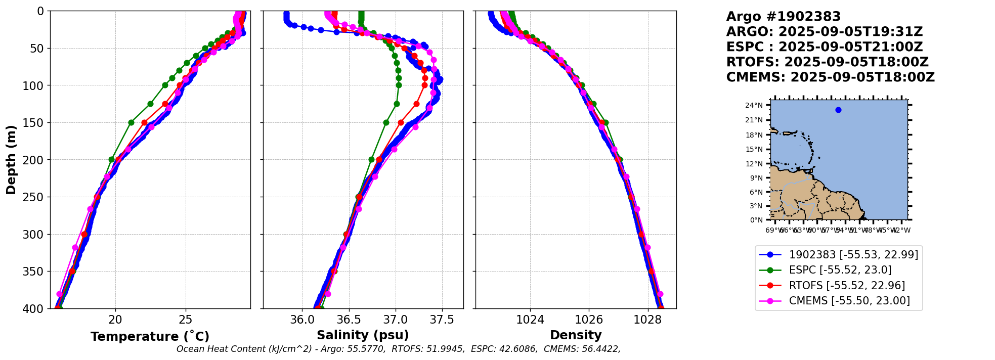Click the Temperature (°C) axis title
click(150, 336)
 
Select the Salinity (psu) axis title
click(363, 335)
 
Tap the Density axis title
click(576, 335)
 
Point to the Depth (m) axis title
click(11, 160)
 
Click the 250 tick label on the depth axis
click(34, 197)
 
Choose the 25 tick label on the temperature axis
click(186, 320)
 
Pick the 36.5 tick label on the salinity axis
click(349, 320)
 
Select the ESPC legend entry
click(840, 270)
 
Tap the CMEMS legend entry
click(849, 301)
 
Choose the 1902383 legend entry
click(853, 255)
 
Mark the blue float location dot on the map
click(838, 110)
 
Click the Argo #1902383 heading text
click(783, 17)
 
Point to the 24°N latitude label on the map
click(754, 106)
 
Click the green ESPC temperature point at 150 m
click(131, 122)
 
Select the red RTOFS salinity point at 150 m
click(401, 122)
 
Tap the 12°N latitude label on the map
click(754, 164)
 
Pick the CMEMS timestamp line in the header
click(830, 77)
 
